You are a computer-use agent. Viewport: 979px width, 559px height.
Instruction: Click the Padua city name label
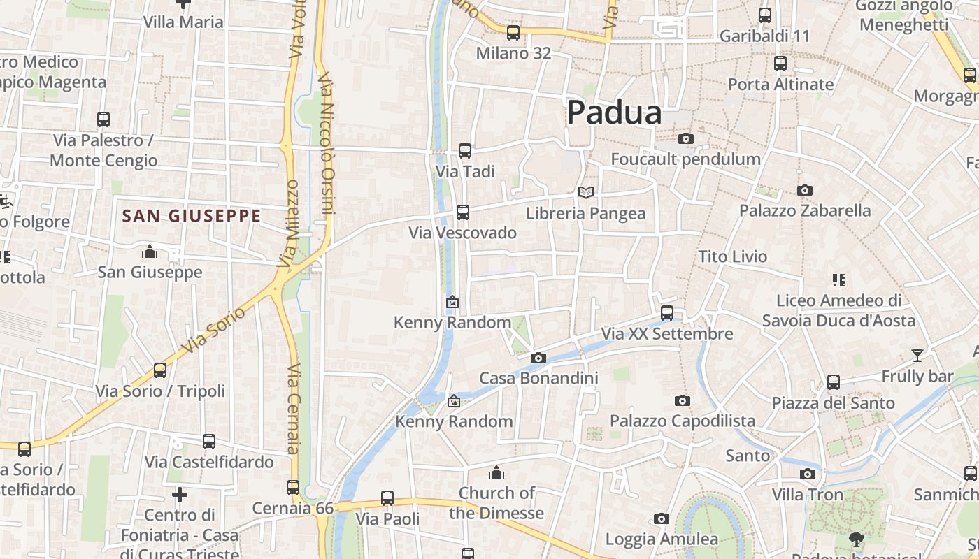click(x=614, y=112)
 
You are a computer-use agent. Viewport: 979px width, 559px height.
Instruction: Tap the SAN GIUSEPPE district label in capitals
click(x=192, y=216)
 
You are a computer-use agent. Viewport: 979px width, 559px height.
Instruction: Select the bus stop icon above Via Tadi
click(x=465, y=150)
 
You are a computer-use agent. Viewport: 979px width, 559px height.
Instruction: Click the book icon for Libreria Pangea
click(x=586, y=192)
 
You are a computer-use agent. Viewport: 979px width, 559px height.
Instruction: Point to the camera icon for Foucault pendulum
click(x=686, y=138)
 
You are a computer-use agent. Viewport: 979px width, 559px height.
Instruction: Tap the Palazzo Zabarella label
click(x=805, y=210)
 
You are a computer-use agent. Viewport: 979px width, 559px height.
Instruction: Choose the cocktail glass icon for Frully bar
click(x=917, y=355)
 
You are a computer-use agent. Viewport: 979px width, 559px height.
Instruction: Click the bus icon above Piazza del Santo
click(x=833, y=382)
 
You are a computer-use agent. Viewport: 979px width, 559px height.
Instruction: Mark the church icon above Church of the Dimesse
click(x=496, y=472)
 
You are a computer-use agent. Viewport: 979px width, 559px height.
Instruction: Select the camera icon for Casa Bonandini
click(x=538, y=358)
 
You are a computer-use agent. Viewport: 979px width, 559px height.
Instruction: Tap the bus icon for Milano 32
click(x=513, y=32)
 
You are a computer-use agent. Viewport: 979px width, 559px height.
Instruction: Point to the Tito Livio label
click(x=732, y=256)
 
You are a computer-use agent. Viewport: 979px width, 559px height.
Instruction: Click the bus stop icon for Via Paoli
click(x=387, y=498)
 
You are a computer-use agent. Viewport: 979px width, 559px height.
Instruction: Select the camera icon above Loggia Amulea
click(x=661, y=518)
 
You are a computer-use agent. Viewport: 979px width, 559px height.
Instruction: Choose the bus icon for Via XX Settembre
click(x=667, y=312)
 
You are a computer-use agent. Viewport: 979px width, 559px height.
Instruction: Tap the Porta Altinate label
click(x=780, y=85)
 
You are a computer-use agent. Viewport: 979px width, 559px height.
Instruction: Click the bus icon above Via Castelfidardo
click(x=209, y=442)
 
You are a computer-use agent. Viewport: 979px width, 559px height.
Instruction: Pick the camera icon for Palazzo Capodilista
click(x=683, y=400)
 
